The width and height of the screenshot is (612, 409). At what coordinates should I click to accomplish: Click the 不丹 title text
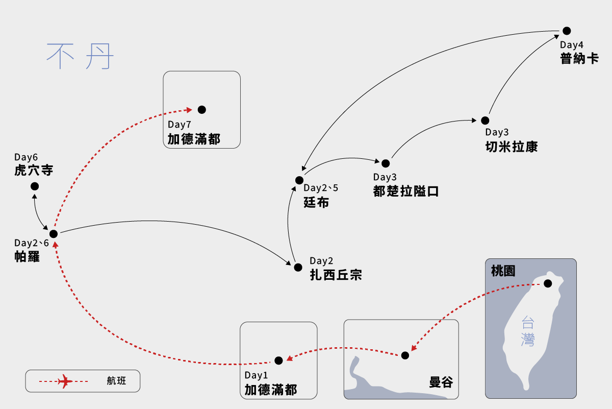coord(80,56)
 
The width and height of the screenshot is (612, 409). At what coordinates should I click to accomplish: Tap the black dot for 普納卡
coord(567,31)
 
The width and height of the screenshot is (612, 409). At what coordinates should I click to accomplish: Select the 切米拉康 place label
coord(511,147)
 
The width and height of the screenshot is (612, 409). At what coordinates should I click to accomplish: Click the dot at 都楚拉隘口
coord(386,163)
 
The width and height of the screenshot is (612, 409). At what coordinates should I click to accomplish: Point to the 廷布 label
coord(316,203)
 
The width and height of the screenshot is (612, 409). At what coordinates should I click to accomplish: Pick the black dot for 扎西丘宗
coord(298,267)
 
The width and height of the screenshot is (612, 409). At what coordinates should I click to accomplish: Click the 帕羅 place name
coord(27,257)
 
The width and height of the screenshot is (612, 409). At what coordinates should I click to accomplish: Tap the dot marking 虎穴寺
coord(35,186)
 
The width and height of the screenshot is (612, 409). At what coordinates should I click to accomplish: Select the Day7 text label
coord(179,125)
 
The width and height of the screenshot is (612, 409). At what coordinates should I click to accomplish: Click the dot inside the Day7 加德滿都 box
coord(202,110)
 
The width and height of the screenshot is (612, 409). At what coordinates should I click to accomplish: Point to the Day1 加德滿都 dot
coord(278,360)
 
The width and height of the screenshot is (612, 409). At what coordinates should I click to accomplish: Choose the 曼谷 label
coord(441,382)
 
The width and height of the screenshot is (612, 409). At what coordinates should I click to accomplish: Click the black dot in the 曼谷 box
coord(405,355)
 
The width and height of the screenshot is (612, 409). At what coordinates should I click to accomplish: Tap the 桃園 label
coord(503,271)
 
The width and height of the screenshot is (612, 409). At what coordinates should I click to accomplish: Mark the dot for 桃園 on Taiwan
coord(548,283)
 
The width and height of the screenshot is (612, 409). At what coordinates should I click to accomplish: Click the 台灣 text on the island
coord(528,331)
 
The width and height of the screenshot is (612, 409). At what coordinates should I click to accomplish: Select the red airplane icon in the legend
coord(65,381)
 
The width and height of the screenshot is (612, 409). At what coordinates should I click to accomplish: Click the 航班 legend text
coord(116,381)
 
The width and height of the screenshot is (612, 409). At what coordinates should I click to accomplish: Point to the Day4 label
coord(572,44)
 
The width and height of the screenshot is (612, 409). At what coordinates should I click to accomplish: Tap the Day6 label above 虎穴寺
coord(26,157)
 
